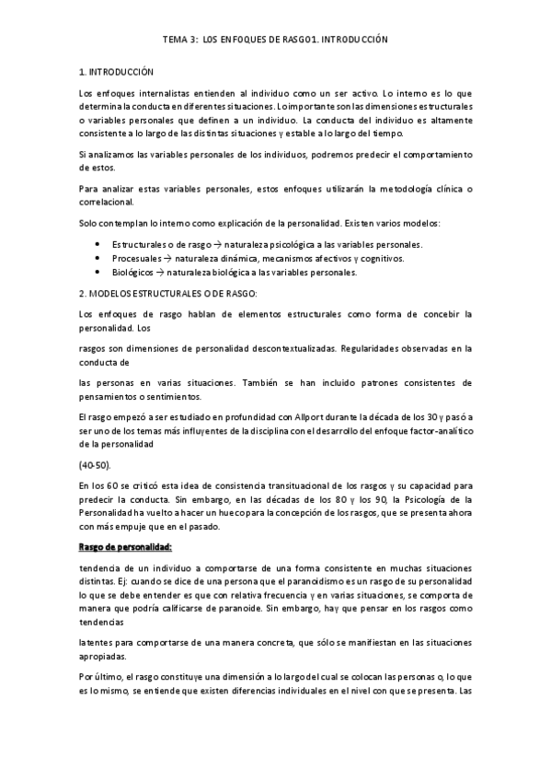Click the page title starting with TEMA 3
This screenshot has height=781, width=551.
pyautogui.click(x=275, y=41)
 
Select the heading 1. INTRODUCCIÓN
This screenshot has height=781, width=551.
pyautogui.click(x=117, y=71)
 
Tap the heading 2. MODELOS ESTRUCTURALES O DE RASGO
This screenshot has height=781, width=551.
pyautogui.click(x=170, y=293)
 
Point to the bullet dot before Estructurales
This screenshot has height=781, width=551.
pyautogui.click(x=97, y=244)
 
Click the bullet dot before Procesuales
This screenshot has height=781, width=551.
pyautogui.click(x=97, y=259)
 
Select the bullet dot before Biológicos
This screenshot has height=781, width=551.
pyautogui.click(x=97, y=274)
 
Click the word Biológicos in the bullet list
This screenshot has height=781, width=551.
pyautogui.click(x=132, y=274)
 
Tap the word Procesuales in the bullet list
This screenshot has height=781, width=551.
pyautogui.click(x=134, y=259)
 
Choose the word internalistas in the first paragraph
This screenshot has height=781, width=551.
pyautogui.click(x=150, y=93)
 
